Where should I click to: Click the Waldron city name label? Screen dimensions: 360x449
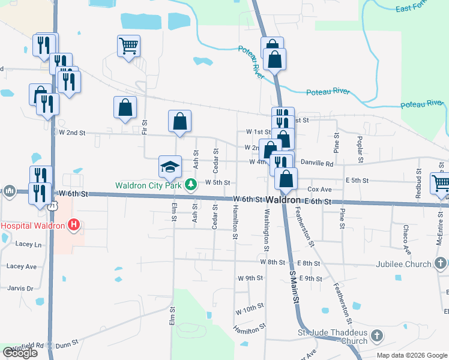[283, 199]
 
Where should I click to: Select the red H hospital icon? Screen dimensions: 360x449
[73, 226]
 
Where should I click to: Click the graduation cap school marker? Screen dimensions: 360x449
[170, 166]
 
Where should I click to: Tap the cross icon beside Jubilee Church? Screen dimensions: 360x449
[440, 263]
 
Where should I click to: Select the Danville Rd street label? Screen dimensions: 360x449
[316, 163]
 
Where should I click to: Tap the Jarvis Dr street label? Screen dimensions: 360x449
[21, 289]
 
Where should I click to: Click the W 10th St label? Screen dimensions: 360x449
[250, 307]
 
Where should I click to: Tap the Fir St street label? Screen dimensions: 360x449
[144, 127]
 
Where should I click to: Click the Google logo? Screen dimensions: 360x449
[20, 353]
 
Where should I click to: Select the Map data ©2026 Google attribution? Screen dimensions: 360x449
[412, 355]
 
